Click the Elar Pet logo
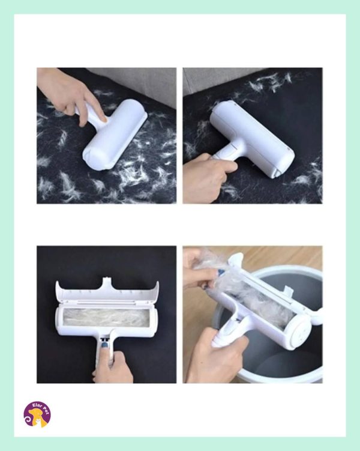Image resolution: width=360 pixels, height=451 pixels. tap(37, 414)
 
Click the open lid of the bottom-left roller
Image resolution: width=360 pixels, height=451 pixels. tap(107, 291)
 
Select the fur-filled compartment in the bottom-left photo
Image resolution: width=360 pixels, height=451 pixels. tap(106, 318)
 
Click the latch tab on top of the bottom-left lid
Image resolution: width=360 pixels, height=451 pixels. tap(107, 281)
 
